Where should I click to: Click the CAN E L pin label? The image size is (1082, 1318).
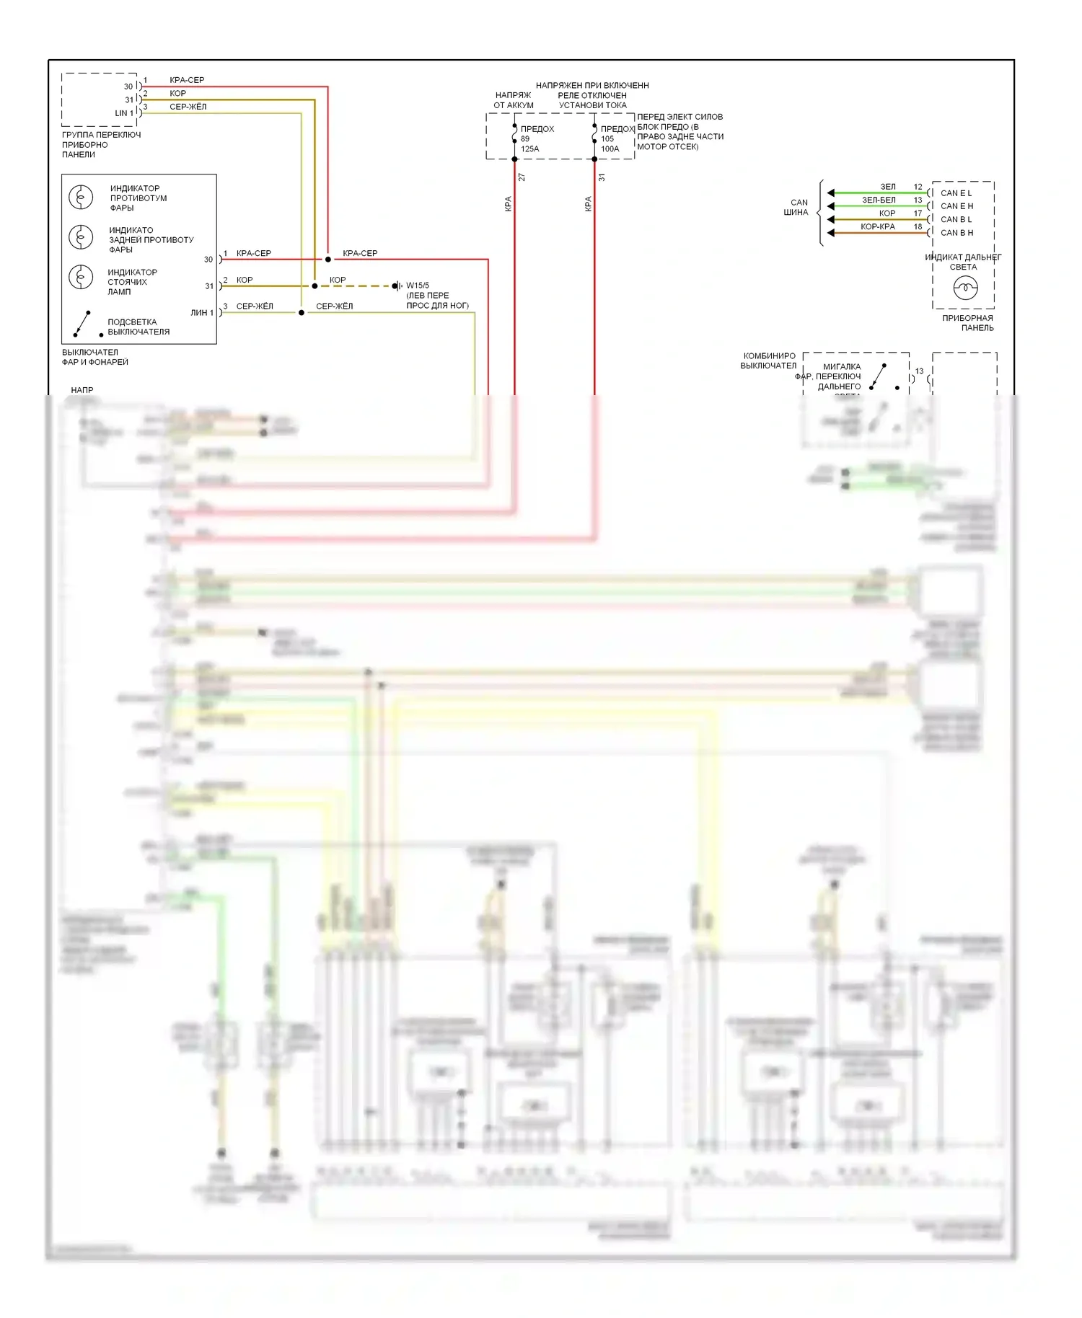pyautogui.click(x=956, y=193)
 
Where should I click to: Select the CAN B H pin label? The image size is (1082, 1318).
pyautogui.click(x=956, y=233)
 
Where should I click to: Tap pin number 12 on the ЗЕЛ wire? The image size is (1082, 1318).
pyautogui.click(x=918, y=187)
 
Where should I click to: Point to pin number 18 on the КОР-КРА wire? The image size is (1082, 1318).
pyautogui.click(x=918, y=226)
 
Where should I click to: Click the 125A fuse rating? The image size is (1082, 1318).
pyautogui.click(x=529, y=149)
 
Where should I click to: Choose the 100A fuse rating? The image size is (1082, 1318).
pyautogui.click(x=610, y=149)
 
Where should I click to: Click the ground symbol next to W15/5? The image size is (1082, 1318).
pyautogui.click(x=397, y=286)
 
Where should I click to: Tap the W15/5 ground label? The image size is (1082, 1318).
pyautogui.click(x=418, y=286)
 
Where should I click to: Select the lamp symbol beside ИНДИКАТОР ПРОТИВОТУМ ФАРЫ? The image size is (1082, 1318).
pyautogui.click(x=81, y=197)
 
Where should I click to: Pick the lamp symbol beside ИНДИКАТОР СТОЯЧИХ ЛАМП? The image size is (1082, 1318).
pyautogui.click(x=81, y=278)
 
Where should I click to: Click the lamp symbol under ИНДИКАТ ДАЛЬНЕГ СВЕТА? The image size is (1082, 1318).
pyautogui.click(x=965, y=289)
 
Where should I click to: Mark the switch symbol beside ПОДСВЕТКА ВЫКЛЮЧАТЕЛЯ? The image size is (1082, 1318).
pyautogui.click(x=82, y=324)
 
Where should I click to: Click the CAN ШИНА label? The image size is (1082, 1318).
pyautogui.click(x=797, y=208)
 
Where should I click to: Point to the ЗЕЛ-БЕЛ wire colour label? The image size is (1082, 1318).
pyautogui.click(x=879, y=200)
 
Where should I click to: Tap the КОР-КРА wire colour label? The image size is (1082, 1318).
pyautogui.click(x=877, y=226)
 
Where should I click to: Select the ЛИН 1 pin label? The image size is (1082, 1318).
pyautogui.click(x=201, y=313)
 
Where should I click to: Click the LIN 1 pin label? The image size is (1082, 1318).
pyautogui.click(x=124, y=113)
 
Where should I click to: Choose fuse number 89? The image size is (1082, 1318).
pyautogui.click(x=525, y=139)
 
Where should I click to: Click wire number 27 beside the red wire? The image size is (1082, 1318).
pyautogui.click(x=522, y=177)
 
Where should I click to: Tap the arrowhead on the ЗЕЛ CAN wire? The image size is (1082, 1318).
pyautogui.click(x=831, y=193)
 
